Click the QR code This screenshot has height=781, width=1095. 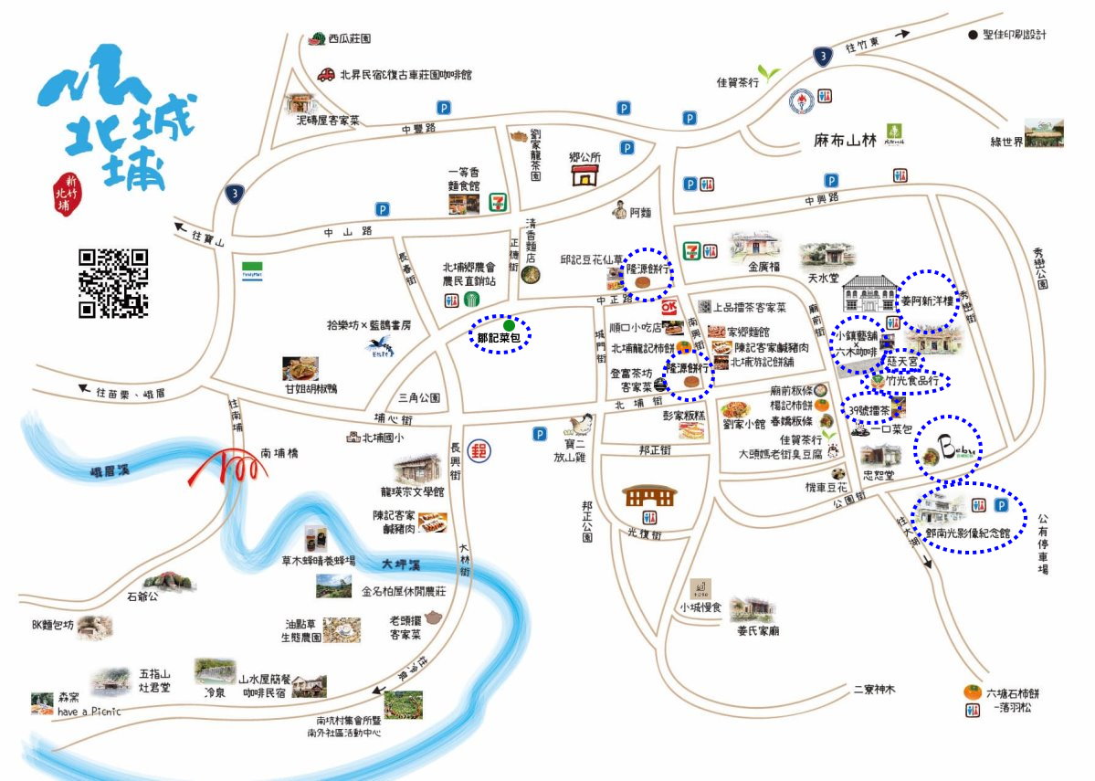113,283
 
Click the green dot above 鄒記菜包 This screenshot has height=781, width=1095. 509,324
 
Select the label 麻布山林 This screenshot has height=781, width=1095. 845,141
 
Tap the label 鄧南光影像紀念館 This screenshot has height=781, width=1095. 967,532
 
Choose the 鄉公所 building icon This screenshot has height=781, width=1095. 584,174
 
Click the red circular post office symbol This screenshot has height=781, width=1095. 476,450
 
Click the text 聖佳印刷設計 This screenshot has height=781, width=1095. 1015,35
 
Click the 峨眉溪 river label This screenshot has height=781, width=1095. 107,472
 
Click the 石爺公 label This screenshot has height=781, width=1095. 142,596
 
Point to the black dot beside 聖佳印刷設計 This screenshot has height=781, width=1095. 973,35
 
